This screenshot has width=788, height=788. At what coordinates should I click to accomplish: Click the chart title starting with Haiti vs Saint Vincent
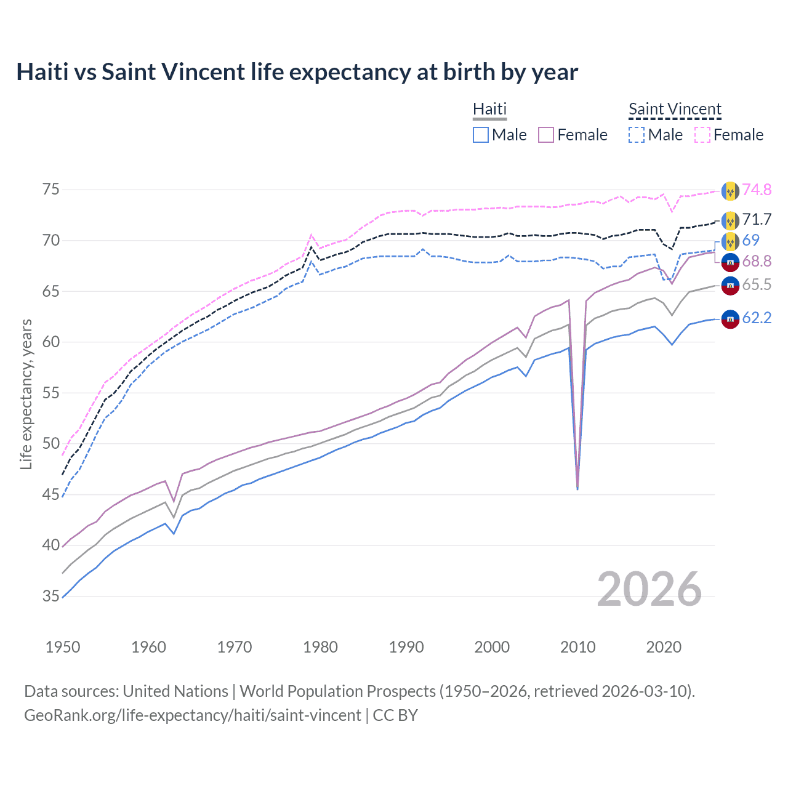(x=297, y=72)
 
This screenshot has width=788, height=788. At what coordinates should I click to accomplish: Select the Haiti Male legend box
(x=481, y=135)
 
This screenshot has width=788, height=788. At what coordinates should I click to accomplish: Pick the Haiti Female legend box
(x=547, y=135)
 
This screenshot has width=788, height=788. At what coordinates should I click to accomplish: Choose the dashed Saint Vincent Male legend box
(x=637, y=135)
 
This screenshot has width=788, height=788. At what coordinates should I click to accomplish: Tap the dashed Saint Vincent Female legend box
(x=702, y=135)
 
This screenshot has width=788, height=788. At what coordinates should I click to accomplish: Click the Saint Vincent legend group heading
(x=675, y=110)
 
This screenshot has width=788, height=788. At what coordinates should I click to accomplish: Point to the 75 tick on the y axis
(x=51, y=189)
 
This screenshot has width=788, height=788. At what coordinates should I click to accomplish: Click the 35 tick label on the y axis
(x=51, y=596)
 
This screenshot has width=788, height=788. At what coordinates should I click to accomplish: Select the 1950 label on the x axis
(x=63, y=647)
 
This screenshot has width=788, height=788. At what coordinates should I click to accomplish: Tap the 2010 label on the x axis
(x=577, y=647)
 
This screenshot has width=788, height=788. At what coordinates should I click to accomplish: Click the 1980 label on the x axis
(x=320, y=647)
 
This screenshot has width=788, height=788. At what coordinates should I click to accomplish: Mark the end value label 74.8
(x=757, y=190)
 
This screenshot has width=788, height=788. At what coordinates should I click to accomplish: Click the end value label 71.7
(x=757, y=219)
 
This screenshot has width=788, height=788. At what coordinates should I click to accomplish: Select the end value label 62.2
(x=757, y=318)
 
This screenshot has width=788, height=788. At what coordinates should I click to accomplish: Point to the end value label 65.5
(x=757, y=284)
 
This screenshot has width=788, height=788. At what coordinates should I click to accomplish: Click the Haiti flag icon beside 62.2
(x=730, y=319)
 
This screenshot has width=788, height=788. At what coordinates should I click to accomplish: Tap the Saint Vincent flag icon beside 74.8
(x=730, y=191)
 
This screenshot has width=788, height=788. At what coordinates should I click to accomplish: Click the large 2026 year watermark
(x=649, y=589)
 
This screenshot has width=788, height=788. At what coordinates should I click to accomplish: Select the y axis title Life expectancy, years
(x=26, y=394)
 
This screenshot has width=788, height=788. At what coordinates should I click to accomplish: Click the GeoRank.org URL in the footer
(x=192, y=715)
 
